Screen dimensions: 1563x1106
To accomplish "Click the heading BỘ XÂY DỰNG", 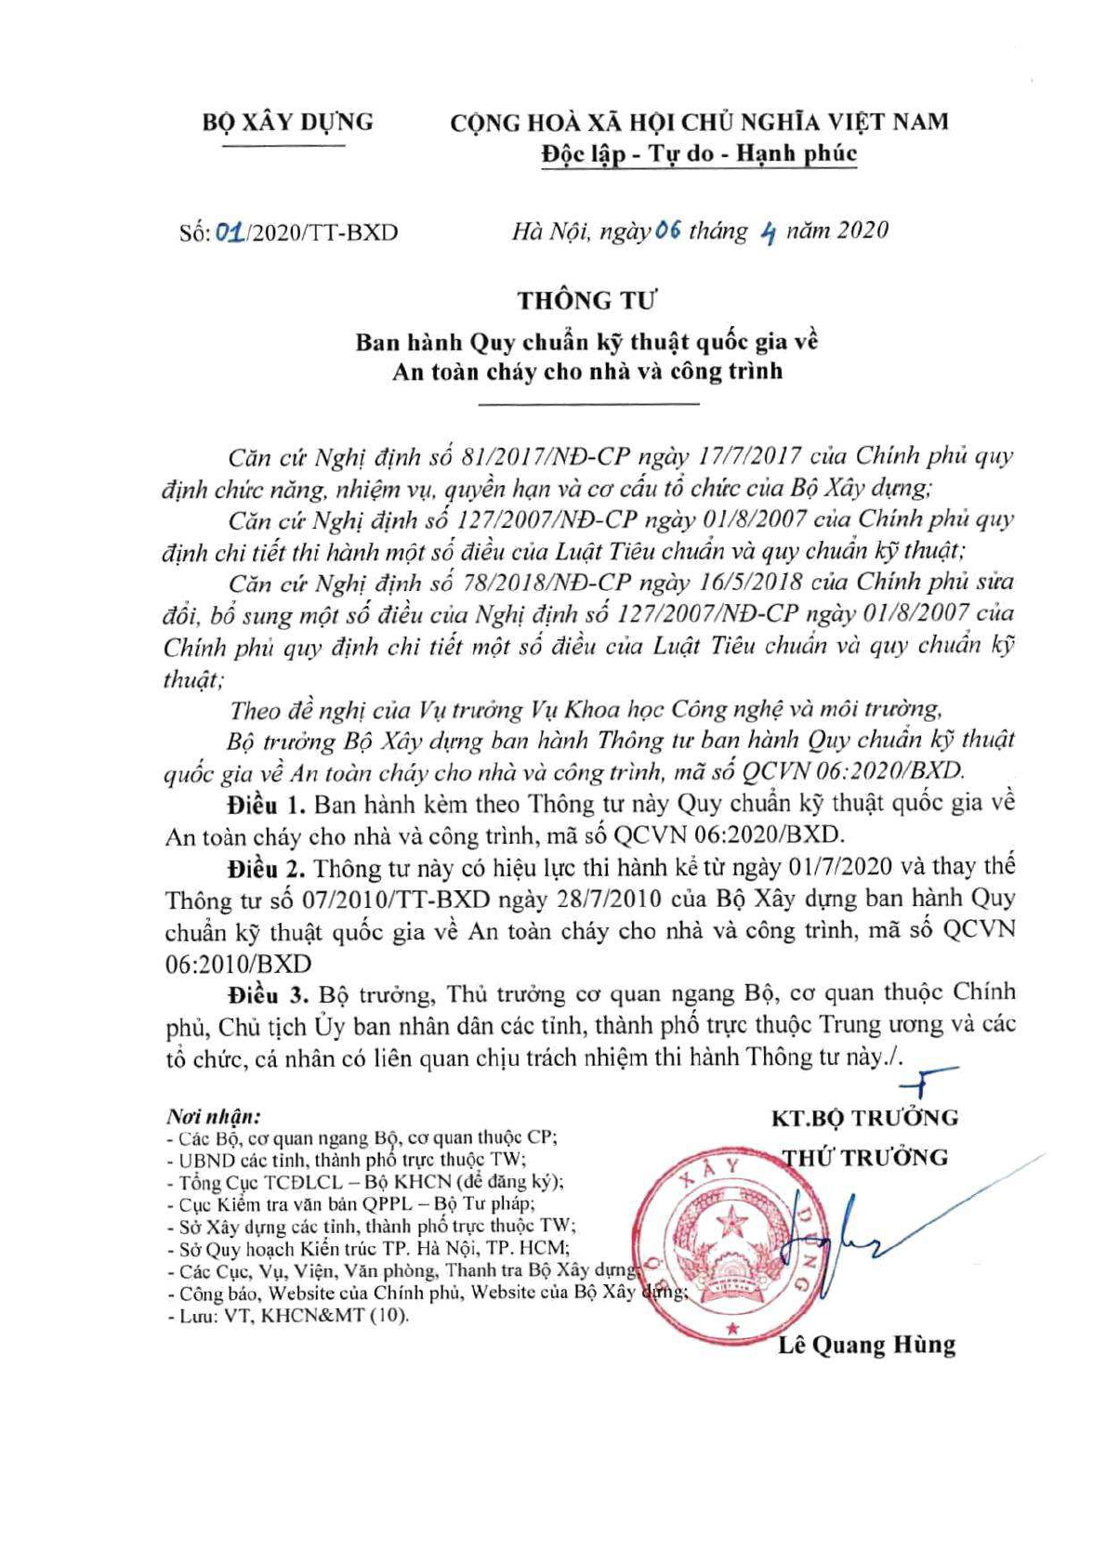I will point(288,122).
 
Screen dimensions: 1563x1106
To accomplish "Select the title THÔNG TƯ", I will point(586,301).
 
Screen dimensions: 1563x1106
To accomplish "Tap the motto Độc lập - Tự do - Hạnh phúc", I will point(699,154).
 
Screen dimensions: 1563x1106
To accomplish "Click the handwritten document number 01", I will point(230,231).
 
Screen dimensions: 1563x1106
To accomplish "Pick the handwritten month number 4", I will point(767,232).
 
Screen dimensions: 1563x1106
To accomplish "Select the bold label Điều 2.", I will point(266,868).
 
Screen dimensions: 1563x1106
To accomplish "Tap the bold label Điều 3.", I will point(268,994).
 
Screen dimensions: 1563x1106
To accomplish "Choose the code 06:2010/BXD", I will point(238,964).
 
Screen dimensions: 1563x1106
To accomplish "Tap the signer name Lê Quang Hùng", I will point(866,1345).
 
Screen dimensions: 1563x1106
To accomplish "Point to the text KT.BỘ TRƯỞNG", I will point(864,1118).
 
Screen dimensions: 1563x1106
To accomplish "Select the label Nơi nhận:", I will point(213,1115).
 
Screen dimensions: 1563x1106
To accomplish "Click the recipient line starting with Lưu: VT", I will point(287,1316).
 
